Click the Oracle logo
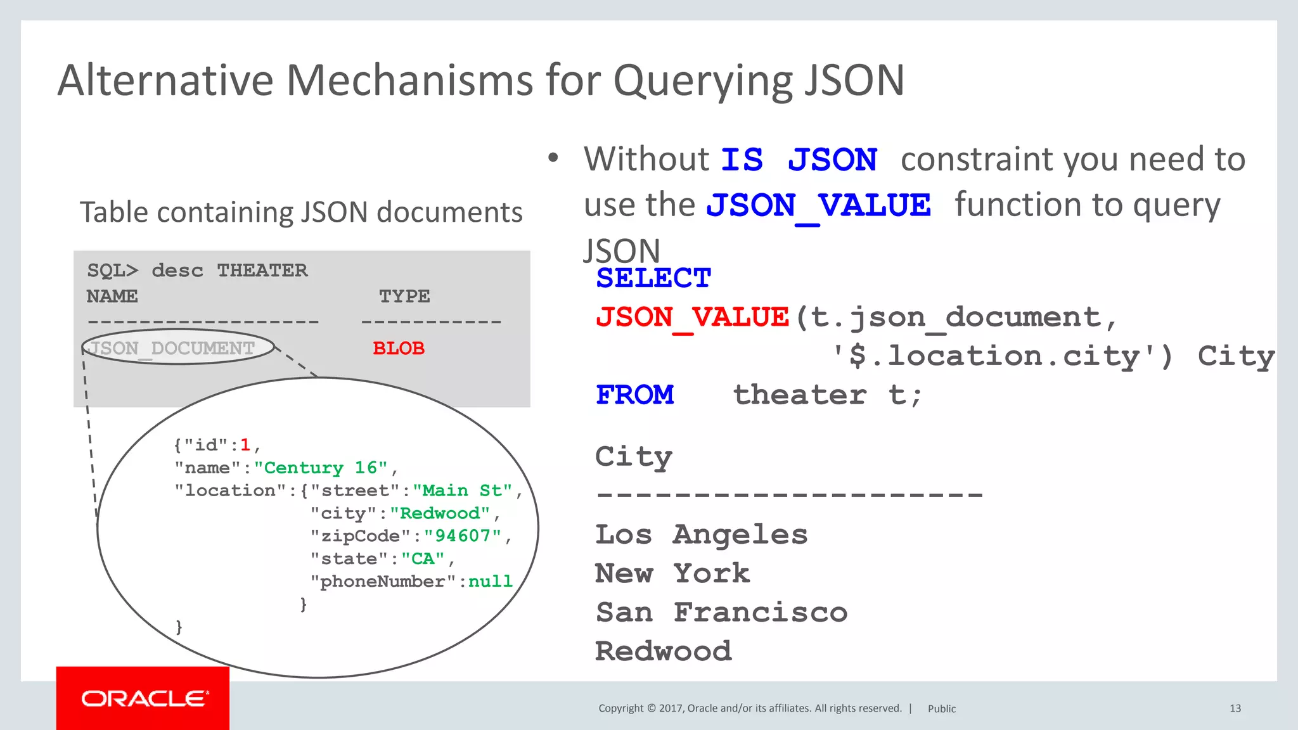(144, 698)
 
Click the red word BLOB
(399, 348)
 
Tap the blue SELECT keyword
(653, 278)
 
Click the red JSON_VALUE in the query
(693, 317)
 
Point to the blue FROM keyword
(635, 395)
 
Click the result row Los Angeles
(702, 535)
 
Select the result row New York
(672, 573)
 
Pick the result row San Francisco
(721, 613)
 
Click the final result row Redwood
(664, 651)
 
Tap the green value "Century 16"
(321, 468)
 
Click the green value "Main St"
(463, 490)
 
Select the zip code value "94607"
(463, 536)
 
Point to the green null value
(490, 581)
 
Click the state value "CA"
(423, 559)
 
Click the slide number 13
(1235, 708)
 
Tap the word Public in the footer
(942, 708)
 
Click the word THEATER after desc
(262, 271)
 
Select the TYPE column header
(404, 296)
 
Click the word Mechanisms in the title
(410, 80)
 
